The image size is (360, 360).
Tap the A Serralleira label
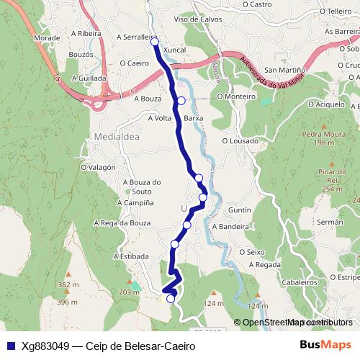130,37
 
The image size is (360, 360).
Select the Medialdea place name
111,135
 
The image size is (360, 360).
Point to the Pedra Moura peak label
320,134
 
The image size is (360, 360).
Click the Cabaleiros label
300,283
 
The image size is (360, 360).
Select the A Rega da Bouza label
122,223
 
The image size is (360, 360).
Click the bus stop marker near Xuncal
155,42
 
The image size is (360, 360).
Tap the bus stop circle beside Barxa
181,101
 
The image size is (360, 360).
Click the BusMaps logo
325,345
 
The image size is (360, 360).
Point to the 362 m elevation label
68,285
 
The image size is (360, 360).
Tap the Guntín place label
238,209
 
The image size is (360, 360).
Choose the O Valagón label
98,167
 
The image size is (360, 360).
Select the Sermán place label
330,223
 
